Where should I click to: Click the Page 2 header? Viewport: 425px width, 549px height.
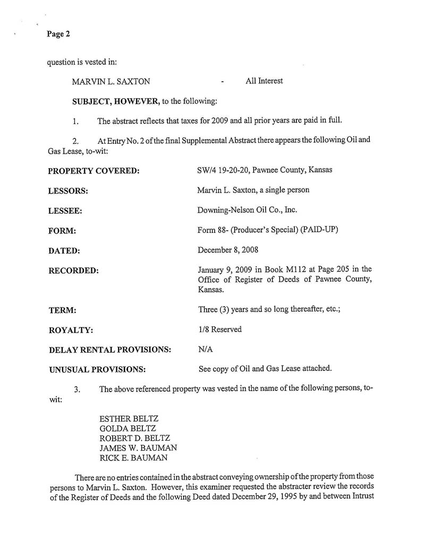(x=58, y=34)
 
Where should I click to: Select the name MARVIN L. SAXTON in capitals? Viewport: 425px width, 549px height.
(x=111, y=82)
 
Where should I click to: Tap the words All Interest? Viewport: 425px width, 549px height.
(x=264, y=81)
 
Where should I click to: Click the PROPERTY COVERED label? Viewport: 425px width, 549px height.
(x=93, y=171)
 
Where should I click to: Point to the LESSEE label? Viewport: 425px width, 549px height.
(x=65, y=211)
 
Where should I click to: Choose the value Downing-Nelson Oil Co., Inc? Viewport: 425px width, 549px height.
(x=247, y=210)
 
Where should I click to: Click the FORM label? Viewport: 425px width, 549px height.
(x=62, y=231)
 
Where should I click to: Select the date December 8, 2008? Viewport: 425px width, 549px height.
(x=228, y=250)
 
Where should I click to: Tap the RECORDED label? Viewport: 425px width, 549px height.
(x=73, y=271)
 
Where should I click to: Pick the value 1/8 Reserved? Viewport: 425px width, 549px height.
(x=219, y=329)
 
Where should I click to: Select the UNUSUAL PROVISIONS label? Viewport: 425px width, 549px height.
(x=97, y=369)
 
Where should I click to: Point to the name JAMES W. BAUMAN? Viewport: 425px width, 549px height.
(x=138, y=448)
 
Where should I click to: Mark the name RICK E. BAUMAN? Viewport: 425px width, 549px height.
(x=133, y=458)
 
